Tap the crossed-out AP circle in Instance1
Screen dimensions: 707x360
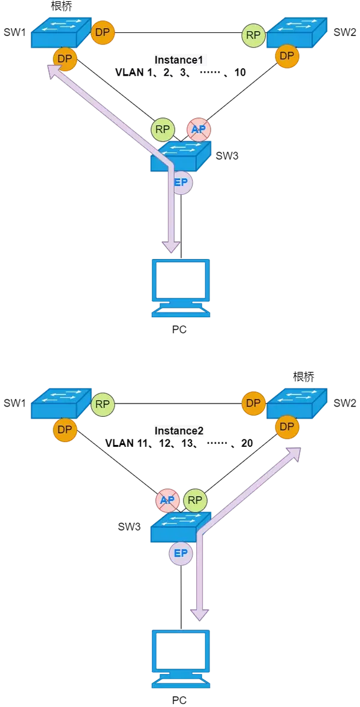pyautogui.click(x=199, y=130)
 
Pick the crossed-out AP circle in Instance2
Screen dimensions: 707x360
pyautogui.click(x=167, y=500)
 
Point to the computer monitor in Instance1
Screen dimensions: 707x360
pyautogui.click(x=181, y=287)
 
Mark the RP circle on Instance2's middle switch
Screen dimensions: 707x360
pyautogui.click(x=195, y=500)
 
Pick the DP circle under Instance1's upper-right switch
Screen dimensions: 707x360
pyautogui.click(x=287, y=56)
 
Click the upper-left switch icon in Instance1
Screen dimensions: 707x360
pyautogui.click(x=61, y=33)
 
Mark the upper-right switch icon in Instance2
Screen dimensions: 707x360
pyautogui.click(x=298, y=403)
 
